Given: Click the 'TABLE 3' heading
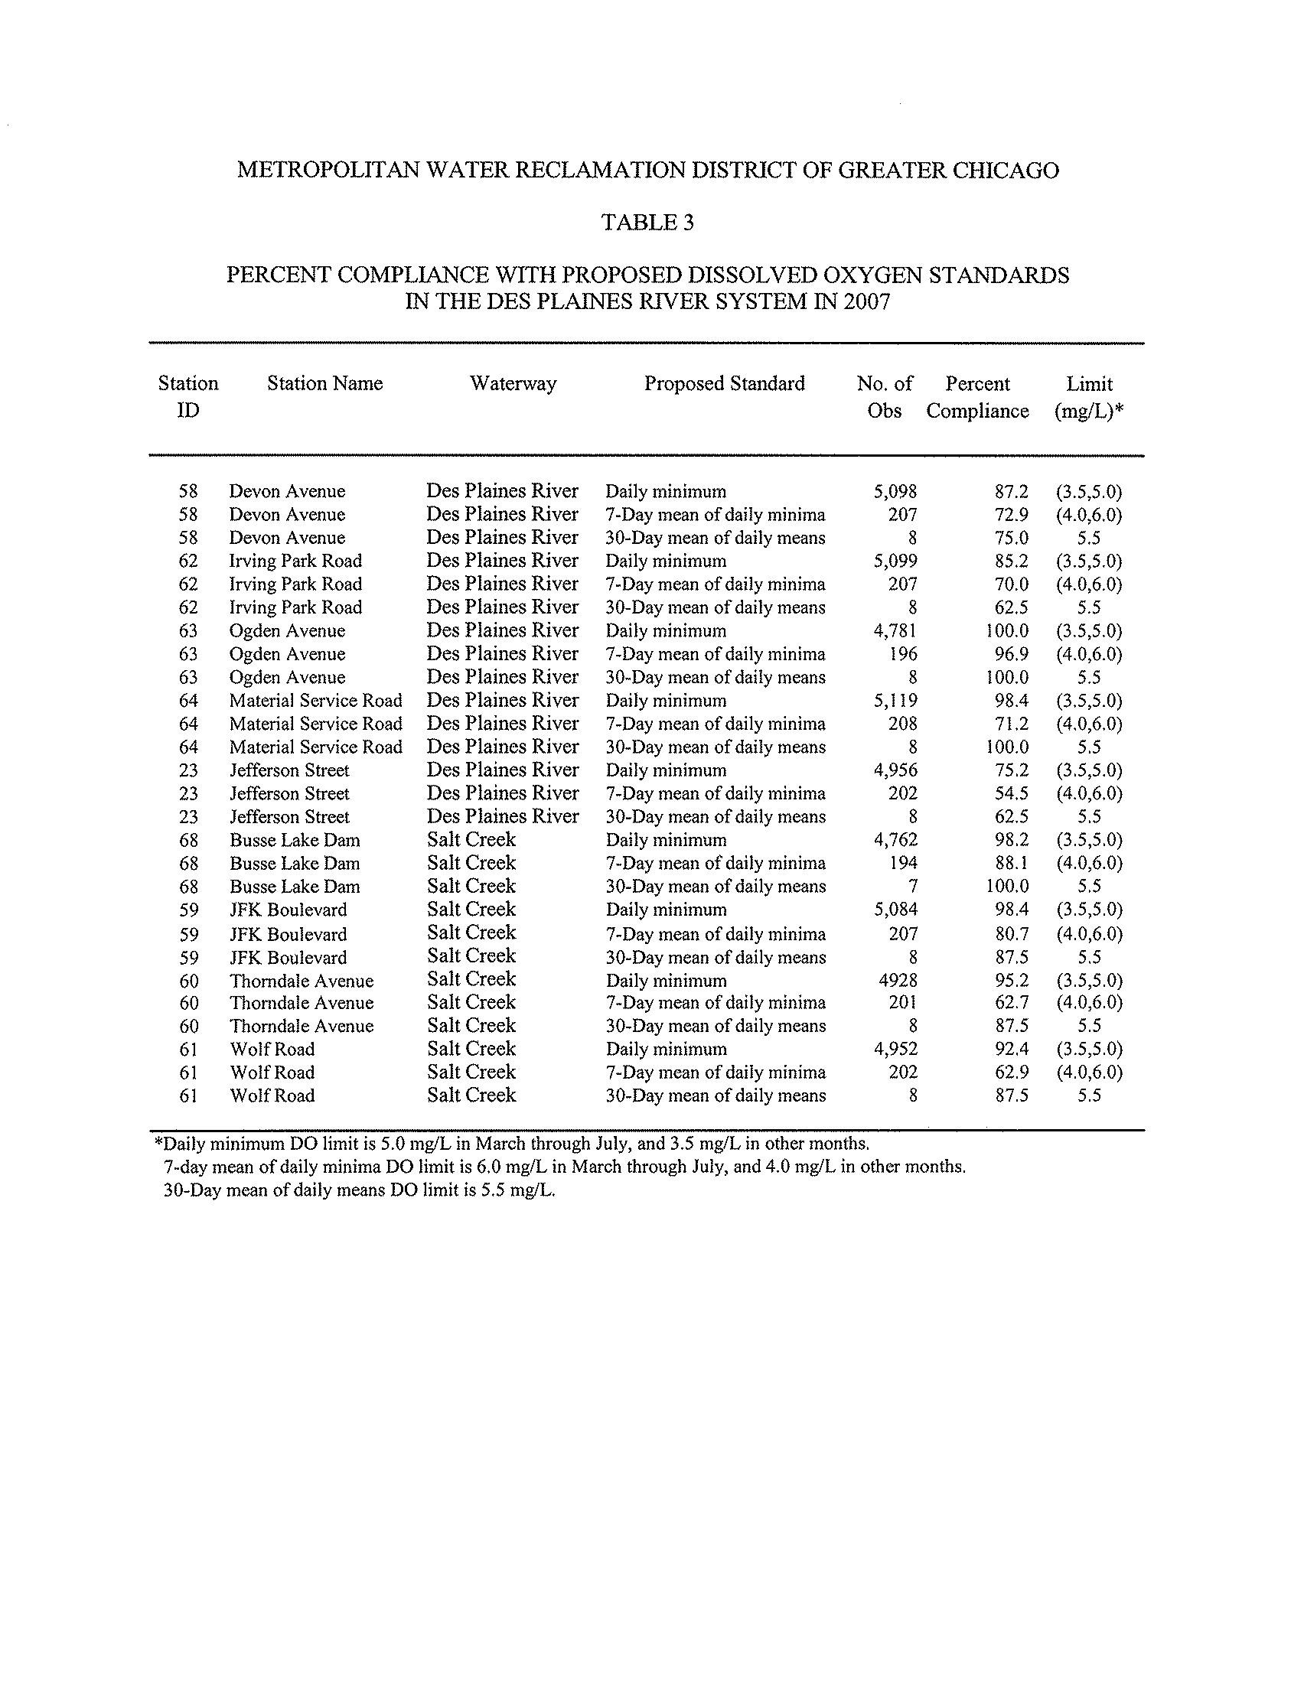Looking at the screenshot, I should point(647,223).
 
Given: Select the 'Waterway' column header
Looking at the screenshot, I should point(513,384).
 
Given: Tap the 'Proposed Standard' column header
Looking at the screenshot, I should point(725,384).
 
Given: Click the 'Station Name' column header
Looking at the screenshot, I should point(324,384).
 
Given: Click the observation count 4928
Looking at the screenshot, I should point(898,981).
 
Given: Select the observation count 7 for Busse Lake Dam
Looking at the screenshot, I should point(912,887).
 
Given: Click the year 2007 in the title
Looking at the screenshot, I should point(866,301).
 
